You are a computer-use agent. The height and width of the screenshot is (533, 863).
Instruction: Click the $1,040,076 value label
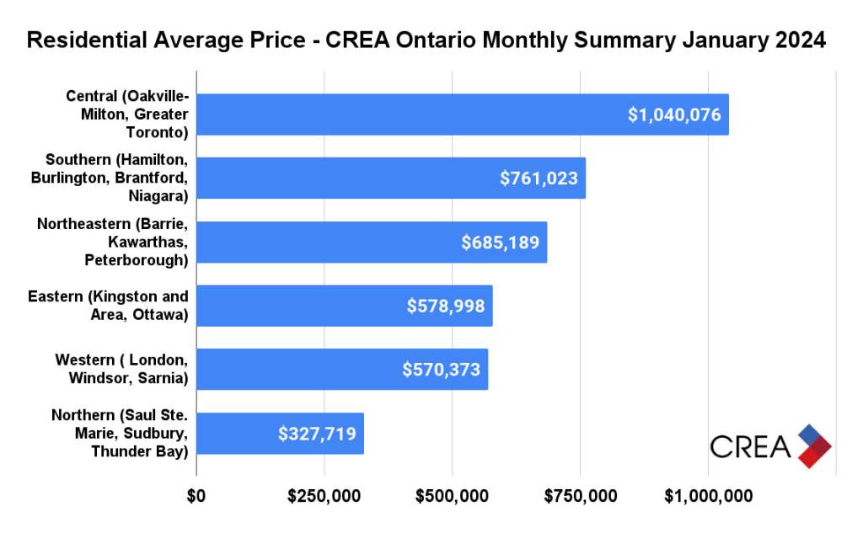tap(674, 115)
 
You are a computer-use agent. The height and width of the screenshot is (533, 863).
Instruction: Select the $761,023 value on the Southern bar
tap(539, 179)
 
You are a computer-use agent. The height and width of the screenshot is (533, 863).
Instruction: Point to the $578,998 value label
tap(446, 306)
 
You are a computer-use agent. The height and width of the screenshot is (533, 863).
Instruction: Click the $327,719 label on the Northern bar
tap(317, 434)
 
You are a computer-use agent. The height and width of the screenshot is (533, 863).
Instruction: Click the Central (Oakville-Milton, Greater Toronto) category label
tap(127, 114)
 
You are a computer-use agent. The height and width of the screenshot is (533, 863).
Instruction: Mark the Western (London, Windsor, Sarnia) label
tap(121, 370)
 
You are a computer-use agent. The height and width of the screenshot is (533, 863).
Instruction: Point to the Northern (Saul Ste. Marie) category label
tap(120, 434)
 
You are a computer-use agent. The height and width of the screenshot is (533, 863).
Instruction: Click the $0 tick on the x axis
tap(196, 498)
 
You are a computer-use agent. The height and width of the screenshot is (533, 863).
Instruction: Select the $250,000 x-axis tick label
tap(324, 498)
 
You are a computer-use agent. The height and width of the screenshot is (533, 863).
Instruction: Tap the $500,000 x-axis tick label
tap(452, 498)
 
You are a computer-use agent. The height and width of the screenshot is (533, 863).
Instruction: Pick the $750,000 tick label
tap(580, 498)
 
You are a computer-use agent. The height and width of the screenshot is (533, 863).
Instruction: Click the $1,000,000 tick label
tap(708, 498)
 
